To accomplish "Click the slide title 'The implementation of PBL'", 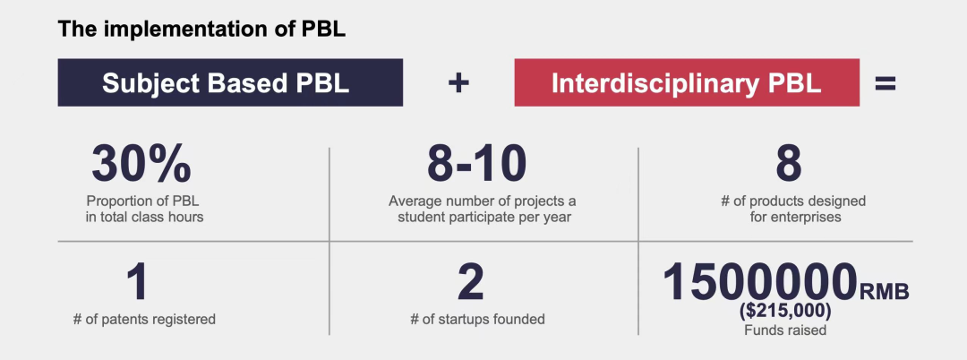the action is click(201, 30).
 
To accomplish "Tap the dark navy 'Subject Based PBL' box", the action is click(230, 82).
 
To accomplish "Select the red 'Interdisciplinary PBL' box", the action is click(687, 82).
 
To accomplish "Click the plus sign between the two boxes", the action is click(458, 83).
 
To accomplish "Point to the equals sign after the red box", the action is click(885, 83).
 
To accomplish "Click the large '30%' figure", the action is click(141, 164).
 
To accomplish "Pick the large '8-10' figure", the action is click(476, 164).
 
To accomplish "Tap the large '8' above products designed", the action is click(788, 164).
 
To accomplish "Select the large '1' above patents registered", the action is click(138, 282).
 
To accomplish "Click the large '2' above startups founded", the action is click(471, 282).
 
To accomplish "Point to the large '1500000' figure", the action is click(760, 282).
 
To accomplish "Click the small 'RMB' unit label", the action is click(885, 291).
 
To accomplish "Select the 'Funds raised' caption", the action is click(785, 330).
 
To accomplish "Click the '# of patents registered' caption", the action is click(144, 320).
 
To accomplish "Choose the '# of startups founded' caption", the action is click(477, 320).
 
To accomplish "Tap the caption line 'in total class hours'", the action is click(144, 217).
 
